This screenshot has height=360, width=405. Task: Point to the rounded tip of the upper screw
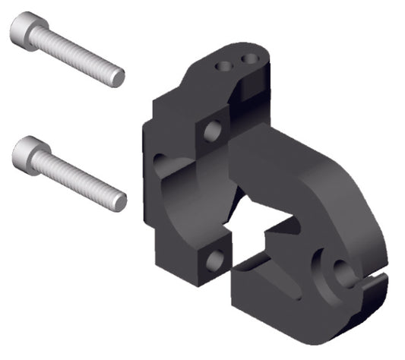coord(118,77)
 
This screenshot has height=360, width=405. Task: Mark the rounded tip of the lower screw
coord(119,201)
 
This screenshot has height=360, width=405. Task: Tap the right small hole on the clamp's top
coord(248,58)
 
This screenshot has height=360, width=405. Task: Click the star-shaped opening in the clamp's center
coord(262,228)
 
